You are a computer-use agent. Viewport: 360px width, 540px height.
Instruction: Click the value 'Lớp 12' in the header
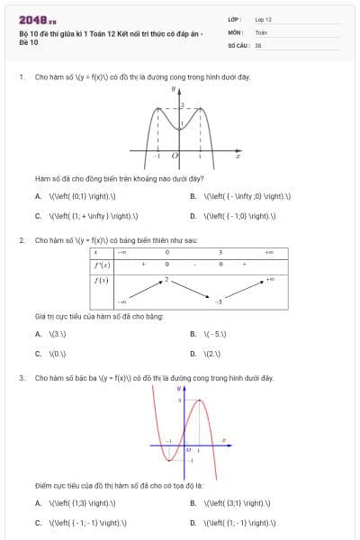[263, 18]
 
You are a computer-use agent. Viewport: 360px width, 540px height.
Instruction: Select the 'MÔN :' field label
[236, 31]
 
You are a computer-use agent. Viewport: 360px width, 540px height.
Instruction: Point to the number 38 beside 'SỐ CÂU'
[257, 44]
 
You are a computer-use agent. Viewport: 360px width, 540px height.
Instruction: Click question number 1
[21, 77]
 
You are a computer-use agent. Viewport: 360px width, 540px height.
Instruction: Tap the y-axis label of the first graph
[172, 91]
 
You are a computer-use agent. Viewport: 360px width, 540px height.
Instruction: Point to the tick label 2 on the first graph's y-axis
[182, 106]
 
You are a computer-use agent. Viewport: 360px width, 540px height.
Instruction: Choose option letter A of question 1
[38, 195]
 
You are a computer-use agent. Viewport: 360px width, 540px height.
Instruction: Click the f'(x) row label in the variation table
[102, 265]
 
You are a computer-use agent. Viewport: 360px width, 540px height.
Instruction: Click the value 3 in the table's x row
[220, 253]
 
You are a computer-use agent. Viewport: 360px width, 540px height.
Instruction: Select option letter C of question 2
[38, 354]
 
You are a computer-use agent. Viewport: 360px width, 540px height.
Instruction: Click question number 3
[21, 378]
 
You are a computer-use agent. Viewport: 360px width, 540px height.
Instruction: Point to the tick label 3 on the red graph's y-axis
[180, 399]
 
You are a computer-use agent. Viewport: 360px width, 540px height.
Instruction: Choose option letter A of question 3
[38, 503]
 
